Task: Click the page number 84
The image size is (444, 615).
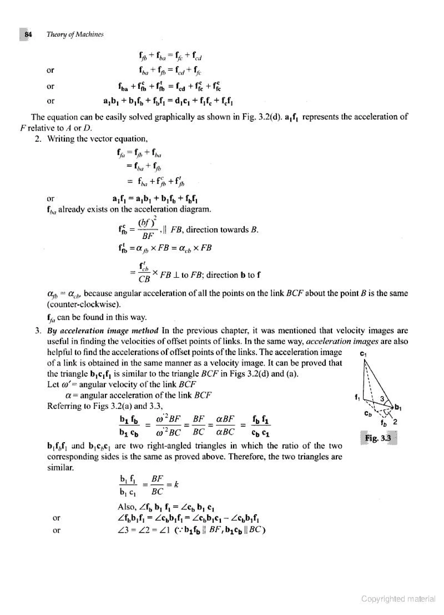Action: click(28, 35)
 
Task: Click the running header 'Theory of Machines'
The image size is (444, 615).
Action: click(75, 35)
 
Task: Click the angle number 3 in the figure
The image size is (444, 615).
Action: click(382, 399)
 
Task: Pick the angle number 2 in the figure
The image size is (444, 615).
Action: click(395, 422)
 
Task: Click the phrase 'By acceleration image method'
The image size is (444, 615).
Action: click(103, 331)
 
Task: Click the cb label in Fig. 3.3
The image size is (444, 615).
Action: click(368, 414)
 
